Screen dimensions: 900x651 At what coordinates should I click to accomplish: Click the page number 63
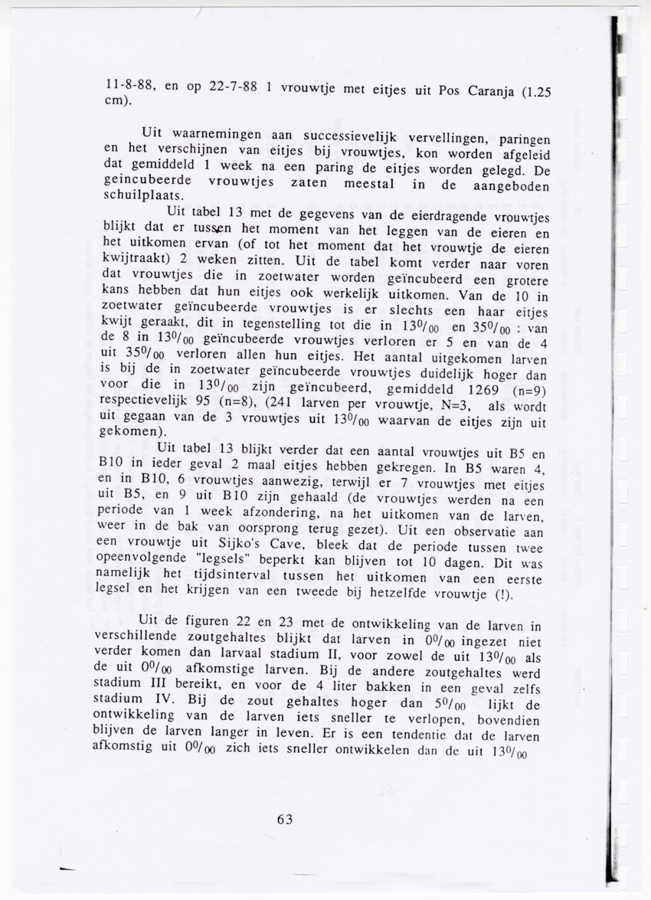[285, 819]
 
